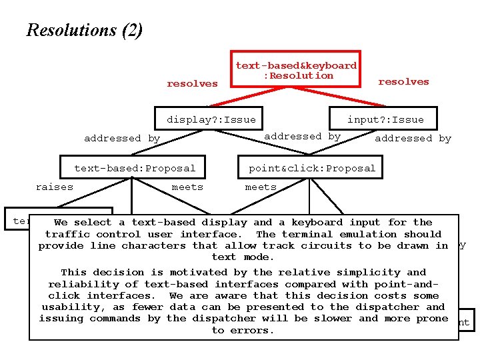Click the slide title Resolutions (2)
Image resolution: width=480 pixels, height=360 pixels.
84,30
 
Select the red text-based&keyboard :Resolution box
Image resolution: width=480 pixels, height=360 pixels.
296,70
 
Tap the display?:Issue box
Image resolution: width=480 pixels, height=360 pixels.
211,119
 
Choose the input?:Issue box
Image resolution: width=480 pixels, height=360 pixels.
385,119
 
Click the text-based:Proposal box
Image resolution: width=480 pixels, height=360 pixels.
135,168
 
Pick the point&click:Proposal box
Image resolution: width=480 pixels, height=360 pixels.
312,168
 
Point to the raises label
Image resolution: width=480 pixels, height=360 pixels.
55,187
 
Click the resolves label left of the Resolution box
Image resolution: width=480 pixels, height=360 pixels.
192,83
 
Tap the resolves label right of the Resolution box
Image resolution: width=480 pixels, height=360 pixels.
403,81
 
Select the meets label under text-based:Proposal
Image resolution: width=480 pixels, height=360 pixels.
187,187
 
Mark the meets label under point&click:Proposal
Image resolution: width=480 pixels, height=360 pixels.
261,187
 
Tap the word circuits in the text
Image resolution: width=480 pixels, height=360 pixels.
326,245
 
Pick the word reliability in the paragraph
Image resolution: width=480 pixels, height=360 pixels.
80,284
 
